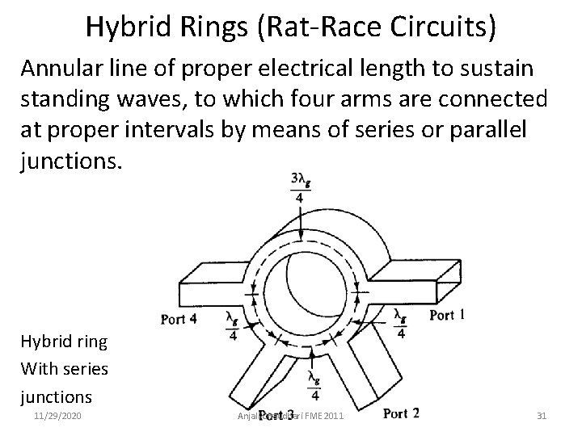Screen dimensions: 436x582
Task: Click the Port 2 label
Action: (401, 413)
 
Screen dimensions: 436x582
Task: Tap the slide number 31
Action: (542, 416)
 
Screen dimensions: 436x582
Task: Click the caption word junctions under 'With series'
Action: (56, 396)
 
